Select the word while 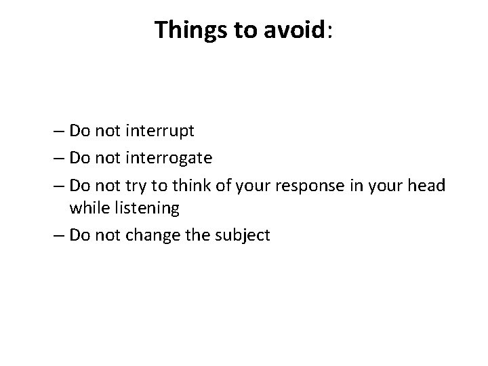(x=87, y=208)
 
